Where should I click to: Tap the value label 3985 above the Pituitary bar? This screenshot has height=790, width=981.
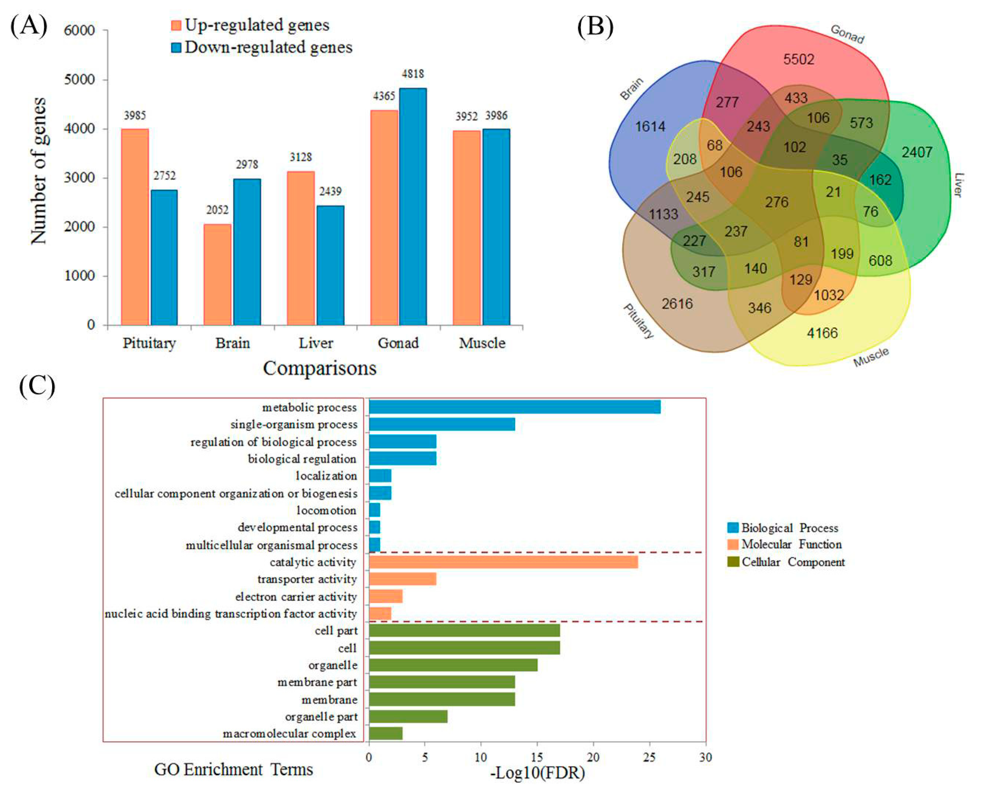point(135,116)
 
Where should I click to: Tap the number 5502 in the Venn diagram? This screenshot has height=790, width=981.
point(799,59)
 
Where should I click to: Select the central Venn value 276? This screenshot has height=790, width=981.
point(776,202)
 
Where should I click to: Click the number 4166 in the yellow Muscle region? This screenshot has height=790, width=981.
point(822,333)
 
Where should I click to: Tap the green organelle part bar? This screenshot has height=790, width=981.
point(408,717)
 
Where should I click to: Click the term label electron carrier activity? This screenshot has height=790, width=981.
point(296,597)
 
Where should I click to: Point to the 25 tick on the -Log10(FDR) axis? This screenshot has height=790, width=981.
point(649,758)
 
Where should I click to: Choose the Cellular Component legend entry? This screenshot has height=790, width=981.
point(793,562)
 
